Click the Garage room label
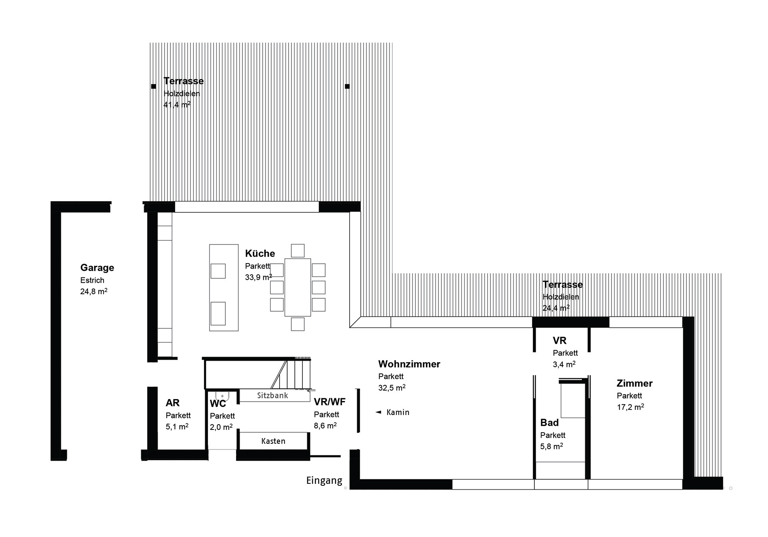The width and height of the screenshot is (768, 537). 97,268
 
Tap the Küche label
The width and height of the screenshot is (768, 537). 260,254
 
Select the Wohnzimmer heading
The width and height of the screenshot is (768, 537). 409,364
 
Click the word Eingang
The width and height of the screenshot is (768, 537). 324,481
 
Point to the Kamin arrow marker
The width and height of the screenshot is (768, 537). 378,412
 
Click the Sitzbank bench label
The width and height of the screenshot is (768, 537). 272,395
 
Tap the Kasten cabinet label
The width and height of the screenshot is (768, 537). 273,441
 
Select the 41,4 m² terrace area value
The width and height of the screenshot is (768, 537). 177,105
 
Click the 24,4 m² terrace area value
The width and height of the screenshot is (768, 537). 556,308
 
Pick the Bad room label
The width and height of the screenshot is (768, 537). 549,423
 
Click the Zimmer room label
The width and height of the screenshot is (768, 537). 634,383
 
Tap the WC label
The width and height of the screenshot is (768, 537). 218,404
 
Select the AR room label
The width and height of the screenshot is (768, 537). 172,403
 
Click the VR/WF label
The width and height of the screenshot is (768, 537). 330,402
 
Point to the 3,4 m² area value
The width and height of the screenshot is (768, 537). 564,364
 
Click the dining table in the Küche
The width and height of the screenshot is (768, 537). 298,287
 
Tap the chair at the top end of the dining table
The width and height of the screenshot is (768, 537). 298,251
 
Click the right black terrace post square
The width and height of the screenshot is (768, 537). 347,86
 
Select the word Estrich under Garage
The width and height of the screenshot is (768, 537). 92,280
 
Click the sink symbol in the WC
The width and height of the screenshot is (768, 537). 222,395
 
